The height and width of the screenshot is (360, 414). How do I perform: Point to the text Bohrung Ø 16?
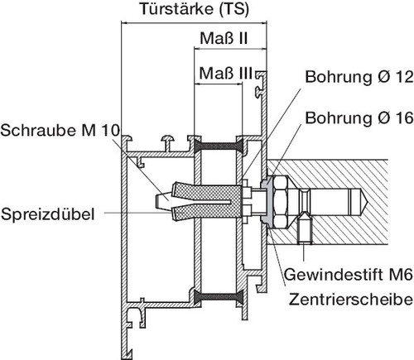click(359, 118)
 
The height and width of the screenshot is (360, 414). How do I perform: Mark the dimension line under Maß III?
click(229, 86)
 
